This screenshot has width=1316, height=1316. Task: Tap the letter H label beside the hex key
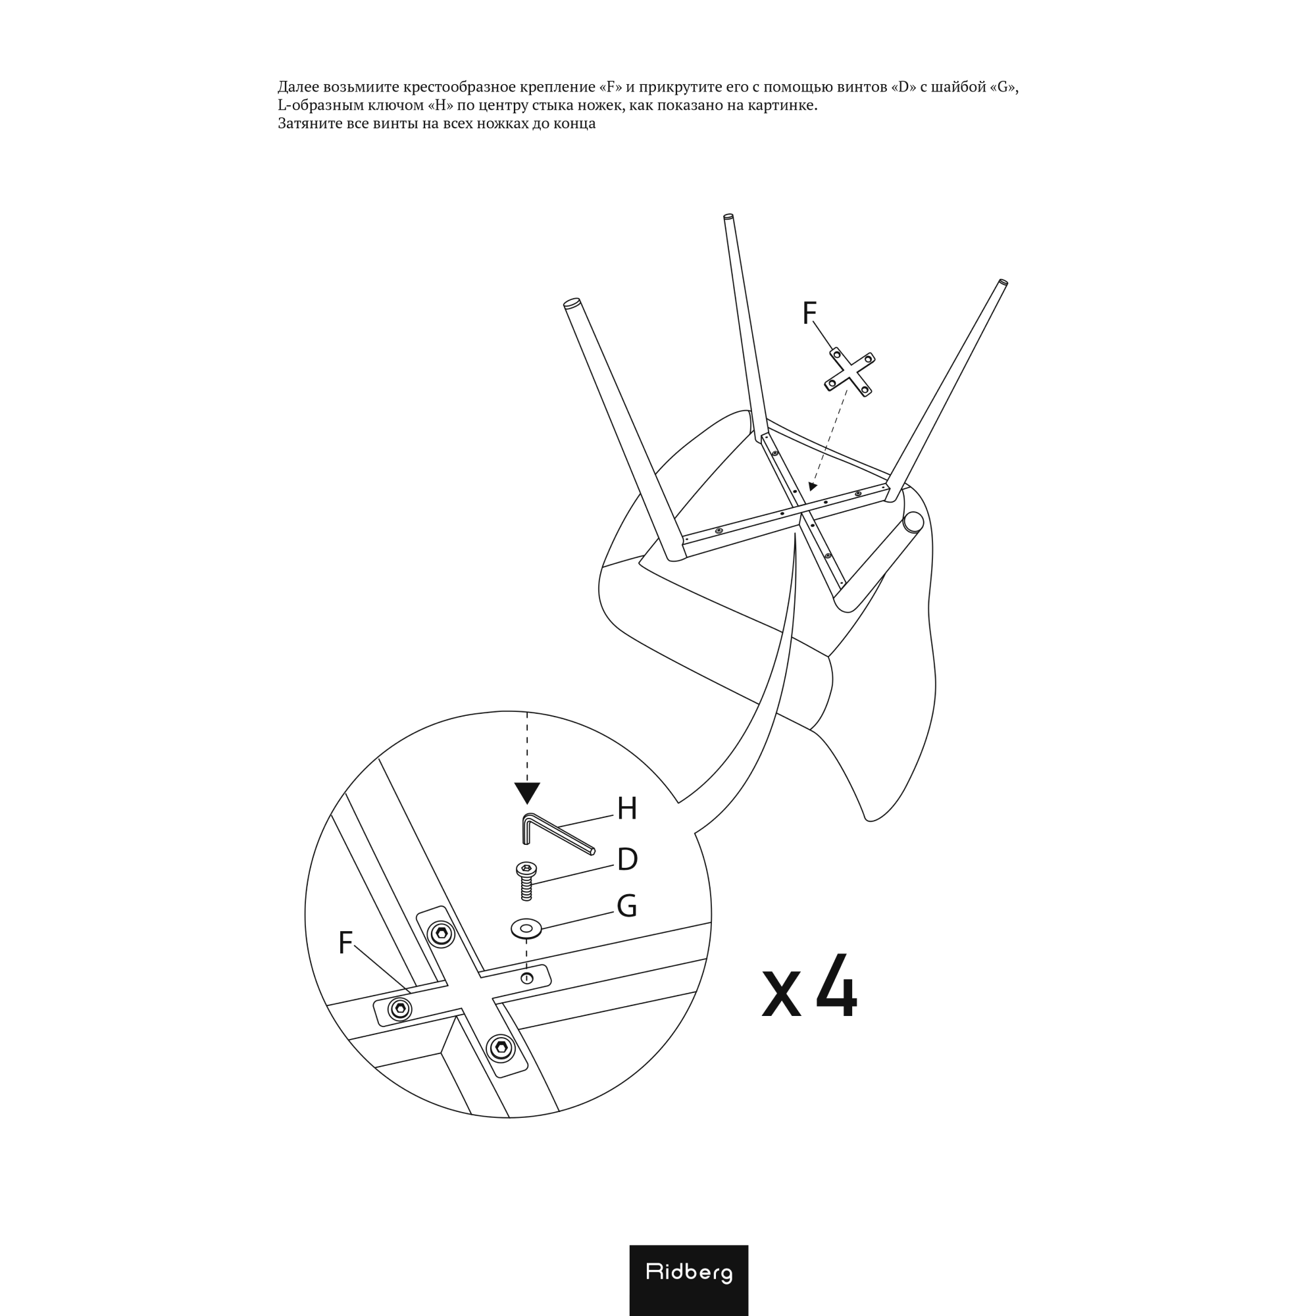[626, 809]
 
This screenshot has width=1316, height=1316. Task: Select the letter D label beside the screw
[627, 859]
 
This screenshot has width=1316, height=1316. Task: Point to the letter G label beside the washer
[626, 906]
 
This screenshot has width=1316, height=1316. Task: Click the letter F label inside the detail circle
[345, 943]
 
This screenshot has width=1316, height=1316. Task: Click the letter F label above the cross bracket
[809, 313]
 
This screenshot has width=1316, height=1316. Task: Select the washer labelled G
[526, 928]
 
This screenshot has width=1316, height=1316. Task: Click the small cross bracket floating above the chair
[849, 372]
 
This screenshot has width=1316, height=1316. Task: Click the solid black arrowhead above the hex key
[527, 793]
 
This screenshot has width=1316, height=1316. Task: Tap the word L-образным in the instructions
[316, 105]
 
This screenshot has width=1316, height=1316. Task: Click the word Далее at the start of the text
[298, 88]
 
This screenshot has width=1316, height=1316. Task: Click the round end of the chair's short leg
[913, 522]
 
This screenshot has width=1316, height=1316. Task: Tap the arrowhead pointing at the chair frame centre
[812, 486]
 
